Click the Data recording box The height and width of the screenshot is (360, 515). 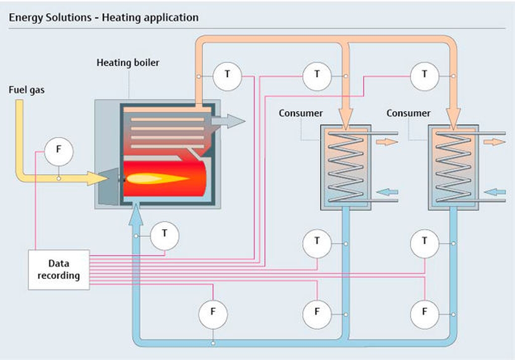pos(59,269)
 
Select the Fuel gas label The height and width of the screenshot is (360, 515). pos(27,90)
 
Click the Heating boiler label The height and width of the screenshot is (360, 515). pos(128,62)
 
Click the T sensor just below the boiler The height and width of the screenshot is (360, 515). pos(164,236)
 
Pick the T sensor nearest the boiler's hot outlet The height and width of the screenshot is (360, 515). pos(227,76)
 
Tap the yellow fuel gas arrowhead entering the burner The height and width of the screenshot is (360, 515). pos(98,178)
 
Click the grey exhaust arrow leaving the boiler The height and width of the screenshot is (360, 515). pos(228,121)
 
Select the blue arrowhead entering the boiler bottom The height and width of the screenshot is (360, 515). pos(136,214)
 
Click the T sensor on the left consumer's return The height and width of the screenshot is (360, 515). pos(317,243)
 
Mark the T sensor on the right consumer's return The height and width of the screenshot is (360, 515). pos(424,243)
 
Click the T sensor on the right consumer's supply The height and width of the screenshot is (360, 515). pos(424,76)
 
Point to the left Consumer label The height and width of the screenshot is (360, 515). pos(301,113)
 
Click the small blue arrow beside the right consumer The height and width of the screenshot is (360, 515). pos(495,192)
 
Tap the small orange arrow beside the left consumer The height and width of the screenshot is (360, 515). pos(387,142)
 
